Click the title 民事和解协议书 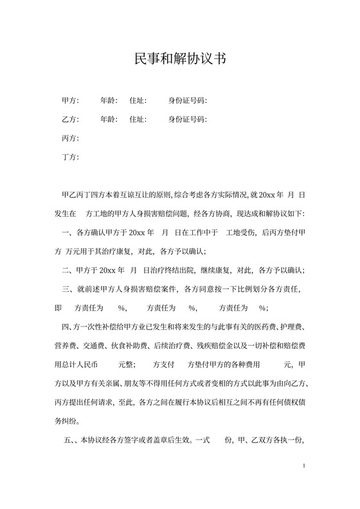point(180,59)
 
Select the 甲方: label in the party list point(69,101)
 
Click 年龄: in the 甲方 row point(109,101)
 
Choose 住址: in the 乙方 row point(138,120)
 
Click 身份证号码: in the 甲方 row point(188,101)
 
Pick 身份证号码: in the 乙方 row point(188,120)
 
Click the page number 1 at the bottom point(303,465)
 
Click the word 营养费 point(67,346)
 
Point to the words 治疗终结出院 point(184,271)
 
